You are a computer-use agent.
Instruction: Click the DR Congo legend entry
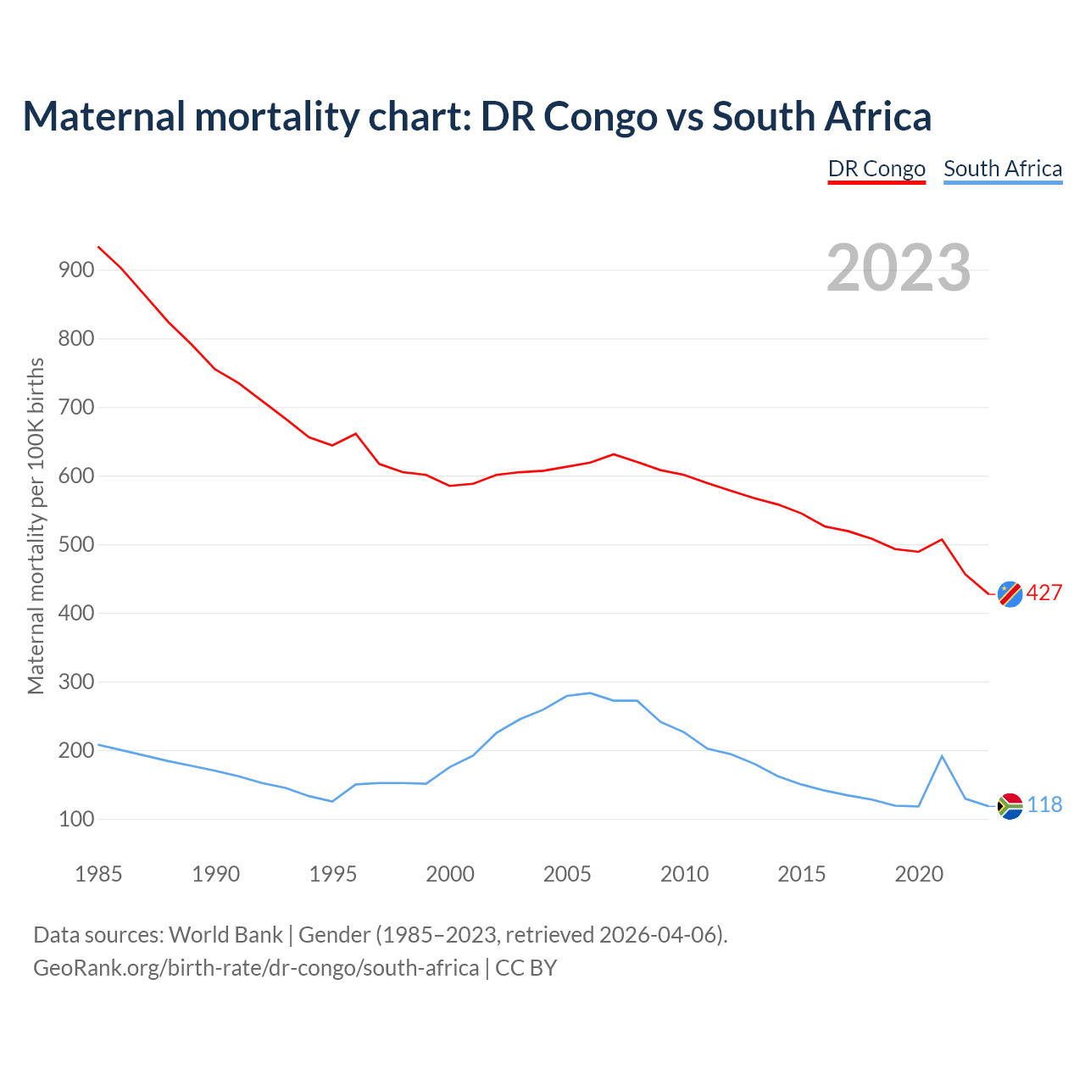pos(876,169)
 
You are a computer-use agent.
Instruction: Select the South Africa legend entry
pos(1003,169)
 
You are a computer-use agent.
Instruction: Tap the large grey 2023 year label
pos(899,268)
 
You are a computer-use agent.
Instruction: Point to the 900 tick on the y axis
pos(76,270)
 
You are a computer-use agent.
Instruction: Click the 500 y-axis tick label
pos(76,545)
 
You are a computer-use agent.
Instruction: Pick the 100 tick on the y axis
pos(76,820)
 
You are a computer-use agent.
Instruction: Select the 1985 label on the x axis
pos(98,874)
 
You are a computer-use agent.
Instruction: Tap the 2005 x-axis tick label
pos(567,874)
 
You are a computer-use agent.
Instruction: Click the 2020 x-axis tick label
pos(919,874)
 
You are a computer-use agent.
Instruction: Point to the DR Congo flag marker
pos(1010,594)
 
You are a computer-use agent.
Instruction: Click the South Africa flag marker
pos(1010,805)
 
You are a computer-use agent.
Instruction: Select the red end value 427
pos(1044,593)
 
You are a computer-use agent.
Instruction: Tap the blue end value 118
pos(1044,805)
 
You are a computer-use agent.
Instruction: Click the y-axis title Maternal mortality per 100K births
pos(36,526)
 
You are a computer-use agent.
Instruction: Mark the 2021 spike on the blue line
pos(942,756)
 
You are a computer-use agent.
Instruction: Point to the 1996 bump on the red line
pos(355,434)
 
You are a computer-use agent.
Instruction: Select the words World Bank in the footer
pos(225,935)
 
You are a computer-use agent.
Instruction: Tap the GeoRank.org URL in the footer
pos(255,968)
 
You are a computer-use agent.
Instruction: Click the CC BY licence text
pos(526,968)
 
